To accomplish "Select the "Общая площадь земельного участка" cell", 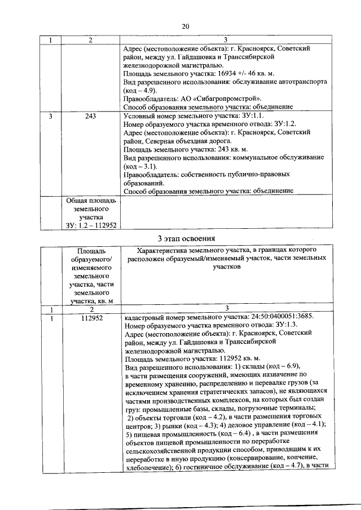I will [x=90, y=212].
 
